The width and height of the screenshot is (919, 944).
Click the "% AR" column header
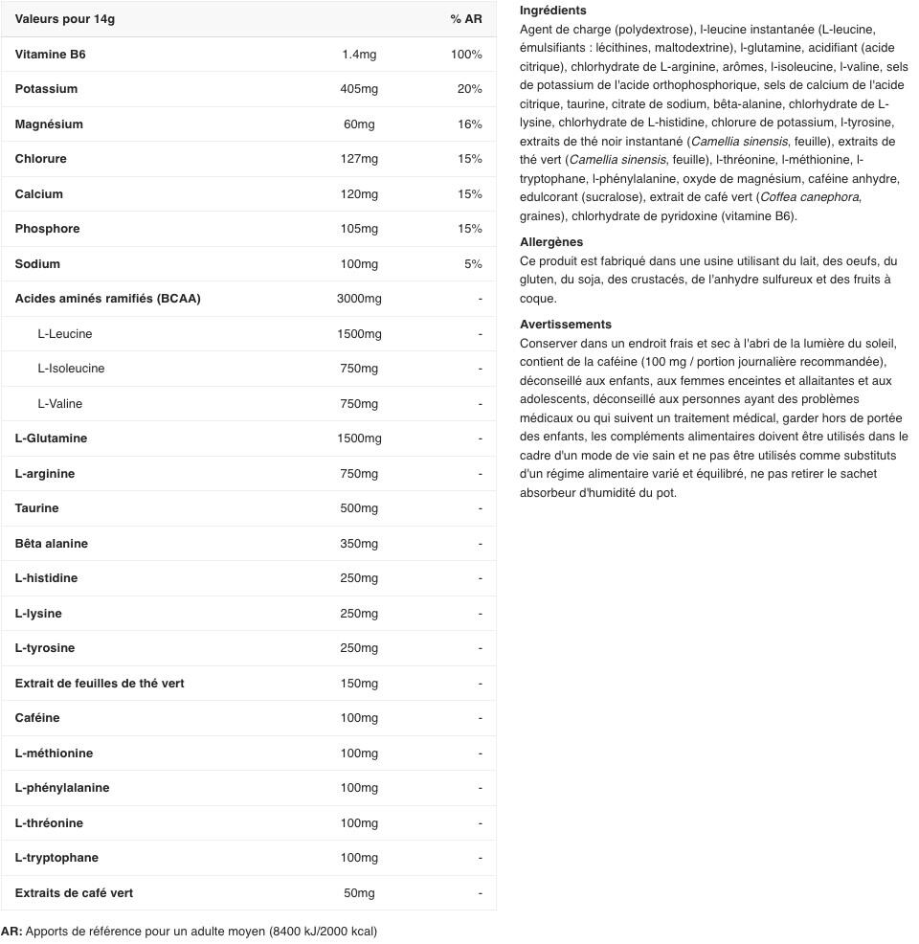[466, 19]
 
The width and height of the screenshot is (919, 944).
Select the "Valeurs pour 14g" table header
[65, 19]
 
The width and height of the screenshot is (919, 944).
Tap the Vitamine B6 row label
[50, 55]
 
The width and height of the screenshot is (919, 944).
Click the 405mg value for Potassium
[359, 89]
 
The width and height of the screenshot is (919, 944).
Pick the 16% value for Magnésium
[469, 124]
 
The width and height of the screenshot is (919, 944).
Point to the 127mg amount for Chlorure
[359, 159]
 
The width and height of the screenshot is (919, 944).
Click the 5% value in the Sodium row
[473, 264]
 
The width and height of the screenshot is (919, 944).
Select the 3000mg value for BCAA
[359, 299]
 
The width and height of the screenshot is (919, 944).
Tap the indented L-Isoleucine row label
[71, 369]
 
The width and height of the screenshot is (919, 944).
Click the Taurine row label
[36, 508]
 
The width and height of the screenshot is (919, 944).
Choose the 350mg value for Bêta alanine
[359, 544]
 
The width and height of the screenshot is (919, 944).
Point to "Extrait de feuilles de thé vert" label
[100, 684]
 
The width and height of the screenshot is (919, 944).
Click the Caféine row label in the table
[37, 718]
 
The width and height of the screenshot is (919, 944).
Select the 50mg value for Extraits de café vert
[359, 893]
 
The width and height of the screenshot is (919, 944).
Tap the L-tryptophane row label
[56, 858]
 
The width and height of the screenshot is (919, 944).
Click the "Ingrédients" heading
[552, 11]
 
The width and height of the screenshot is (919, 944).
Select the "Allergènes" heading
[551, 242]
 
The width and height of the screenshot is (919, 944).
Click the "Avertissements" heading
[566, 325]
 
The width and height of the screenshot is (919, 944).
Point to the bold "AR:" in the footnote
[11, 932]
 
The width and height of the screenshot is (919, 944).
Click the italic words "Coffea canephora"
[809, 197]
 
